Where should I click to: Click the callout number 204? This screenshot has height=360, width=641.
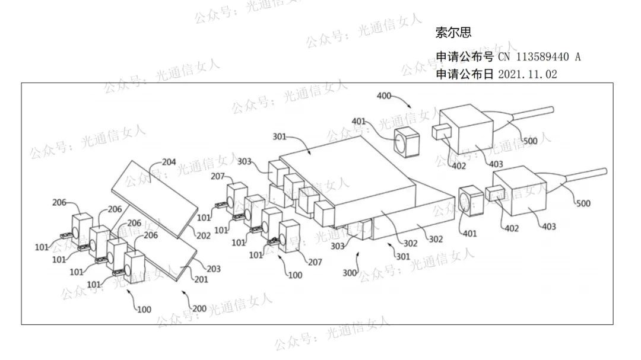pos(169,161)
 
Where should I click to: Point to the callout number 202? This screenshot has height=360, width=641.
pos(204,235)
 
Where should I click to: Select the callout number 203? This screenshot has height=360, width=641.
pos(213,269)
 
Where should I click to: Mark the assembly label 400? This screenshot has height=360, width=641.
pos(384,95)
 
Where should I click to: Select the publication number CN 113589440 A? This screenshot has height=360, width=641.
pos(539,58)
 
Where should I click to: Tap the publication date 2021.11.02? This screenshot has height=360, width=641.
pos(527,74)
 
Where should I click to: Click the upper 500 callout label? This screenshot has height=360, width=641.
pos(530,141)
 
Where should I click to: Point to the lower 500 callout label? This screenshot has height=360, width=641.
pos(583,203)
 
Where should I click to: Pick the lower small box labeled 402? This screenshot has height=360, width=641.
pos(494,194)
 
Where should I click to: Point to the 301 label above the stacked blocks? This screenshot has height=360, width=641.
pos(279,137)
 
